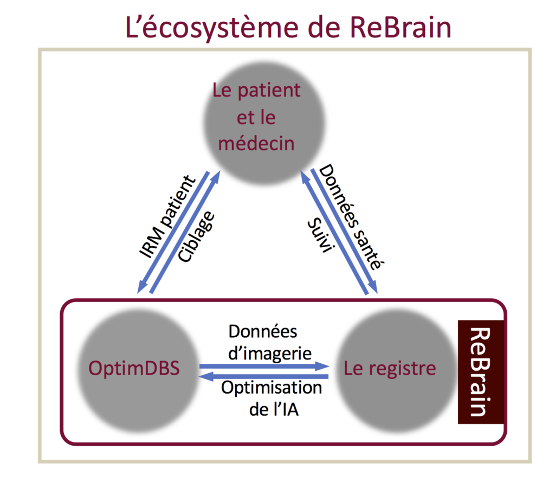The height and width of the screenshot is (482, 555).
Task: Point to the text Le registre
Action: pos(390,369)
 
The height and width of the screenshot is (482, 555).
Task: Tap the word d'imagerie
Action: pos(269,353)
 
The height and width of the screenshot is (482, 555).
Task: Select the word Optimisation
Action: pos(271,388)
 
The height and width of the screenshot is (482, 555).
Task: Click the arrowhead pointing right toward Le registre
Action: pos(325,366)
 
